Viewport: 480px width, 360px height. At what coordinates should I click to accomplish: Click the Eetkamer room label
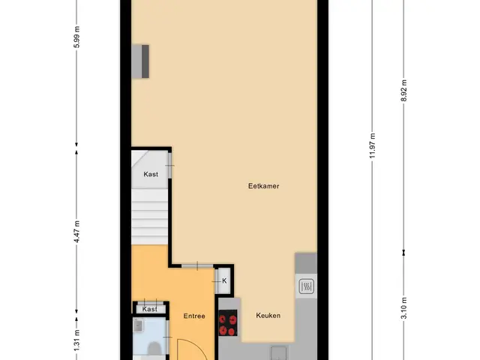point(263,186)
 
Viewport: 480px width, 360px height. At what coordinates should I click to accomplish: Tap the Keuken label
point(268,316)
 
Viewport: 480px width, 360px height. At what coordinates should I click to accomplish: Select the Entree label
point(194,316)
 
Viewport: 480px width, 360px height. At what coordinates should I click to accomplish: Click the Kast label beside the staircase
point(151,174)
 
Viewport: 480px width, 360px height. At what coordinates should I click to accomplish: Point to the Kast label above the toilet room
point(150,309)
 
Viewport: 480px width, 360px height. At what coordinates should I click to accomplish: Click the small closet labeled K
point(224,280)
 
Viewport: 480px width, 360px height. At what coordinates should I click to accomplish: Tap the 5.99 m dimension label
point(76,37)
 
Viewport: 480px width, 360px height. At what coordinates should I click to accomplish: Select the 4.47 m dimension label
point(76,232)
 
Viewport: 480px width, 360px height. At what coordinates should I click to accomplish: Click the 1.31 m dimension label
point(76,340)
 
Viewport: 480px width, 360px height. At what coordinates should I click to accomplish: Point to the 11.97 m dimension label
point(372,145)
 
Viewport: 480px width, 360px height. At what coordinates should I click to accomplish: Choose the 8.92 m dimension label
point(403,91)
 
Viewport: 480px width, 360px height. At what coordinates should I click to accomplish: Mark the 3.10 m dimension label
point(403,308)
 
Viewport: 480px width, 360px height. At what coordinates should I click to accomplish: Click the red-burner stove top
point(228,322)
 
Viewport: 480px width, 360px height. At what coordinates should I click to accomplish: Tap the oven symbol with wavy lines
point(307,286)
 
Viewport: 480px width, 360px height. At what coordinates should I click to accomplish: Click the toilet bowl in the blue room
point(154,349)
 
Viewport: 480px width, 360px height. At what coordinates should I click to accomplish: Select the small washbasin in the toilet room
point(138,325)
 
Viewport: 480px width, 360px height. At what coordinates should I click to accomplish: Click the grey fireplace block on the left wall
point(140,61)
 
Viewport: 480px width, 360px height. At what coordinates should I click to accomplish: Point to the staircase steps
point(150,217)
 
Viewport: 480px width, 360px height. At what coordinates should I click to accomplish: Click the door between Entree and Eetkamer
point(197,266)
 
